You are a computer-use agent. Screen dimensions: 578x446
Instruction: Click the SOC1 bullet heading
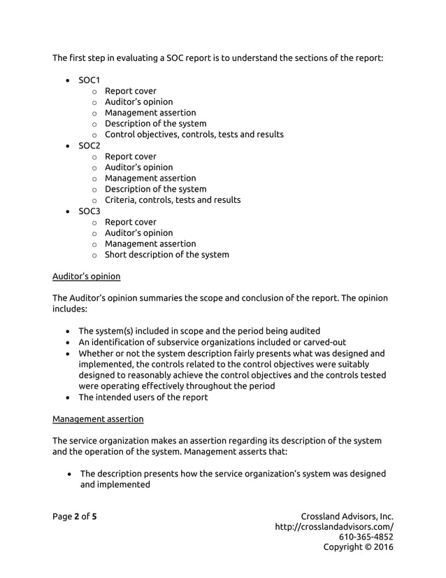coord(89,80)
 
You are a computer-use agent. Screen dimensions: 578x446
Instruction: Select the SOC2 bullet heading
coord(89,146)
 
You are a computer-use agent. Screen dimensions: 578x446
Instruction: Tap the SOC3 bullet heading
coord(89,211)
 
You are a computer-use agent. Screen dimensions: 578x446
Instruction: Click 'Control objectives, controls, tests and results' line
coord(194,134)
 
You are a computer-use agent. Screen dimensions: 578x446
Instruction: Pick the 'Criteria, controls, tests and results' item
coord(172,200)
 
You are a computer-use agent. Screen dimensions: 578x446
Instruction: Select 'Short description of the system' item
coord(166,255)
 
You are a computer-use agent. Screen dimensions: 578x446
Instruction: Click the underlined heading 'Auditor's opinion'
coord(86,276)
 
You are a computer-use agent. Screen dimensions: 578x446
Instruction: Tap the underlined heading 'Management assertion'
coord(98,419)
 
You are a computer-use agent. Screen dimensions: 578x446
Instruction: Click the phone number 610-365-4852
coord(366,537)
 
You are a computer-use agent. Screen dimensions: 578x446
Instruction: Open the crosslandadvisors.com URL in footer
coord(333,527)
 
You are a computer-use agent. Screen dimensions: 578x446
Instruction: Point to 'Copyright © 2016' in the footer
coord(358,547)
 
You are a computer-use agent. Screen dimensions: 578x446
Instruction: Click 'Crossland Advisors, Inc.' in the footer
coord(347,516)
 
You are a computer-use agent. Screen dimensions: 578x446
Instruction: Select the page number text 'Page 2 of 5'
coord(75,516)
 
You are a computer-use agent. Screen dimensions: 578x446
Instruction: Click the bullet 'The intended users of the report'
coord(143,397)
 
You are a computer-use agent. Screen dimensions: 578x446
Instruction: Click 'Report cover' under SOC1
coord(130,91)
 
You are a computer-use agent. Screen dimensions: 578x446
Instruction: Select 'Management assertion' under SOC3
coord(150,244)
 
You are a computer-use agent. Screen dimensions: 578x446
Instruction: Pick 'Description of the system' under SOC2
coord(155,189)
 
